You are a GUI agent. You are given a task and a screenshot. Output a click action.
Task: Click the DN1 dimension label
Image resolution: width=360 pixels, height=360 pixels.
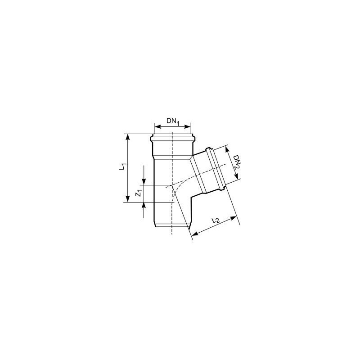[x=173, y=121]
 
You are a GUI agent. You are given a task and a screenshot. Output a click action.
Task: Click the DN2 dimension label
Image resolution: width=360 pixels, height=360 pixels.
[x=236, y=162]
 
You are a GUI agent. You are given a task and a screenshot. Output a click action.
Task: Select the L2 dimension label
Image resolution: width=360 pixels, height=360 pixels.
[x=216, y=220]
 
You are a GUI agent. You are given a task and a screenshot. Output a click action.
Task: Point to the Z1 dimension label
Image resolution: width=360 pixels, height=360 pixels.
[x=138, y=193]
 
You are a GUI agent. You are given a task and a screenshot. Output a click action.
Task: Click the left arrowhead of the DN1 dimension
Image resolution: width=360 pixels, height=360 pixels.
[x=157, y=126]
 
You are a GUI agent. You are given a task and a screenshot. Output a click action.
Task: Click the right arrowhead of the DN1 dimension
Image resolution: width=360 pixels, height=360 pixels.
[x=188, y=126]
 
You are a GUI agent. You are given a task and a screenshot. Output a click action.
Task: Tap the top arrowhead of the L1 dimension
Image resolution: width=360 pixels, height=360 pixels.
[x=128, y=137]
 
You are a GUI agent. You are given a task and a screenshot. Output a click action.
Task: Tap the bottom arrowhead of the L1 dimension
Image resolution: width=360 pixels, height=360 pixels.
[x=128, y=199]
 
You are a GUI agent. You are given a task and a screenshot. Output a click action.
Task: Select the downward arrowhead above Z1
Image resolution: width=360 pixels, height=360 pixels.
[x=144, y=182]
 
